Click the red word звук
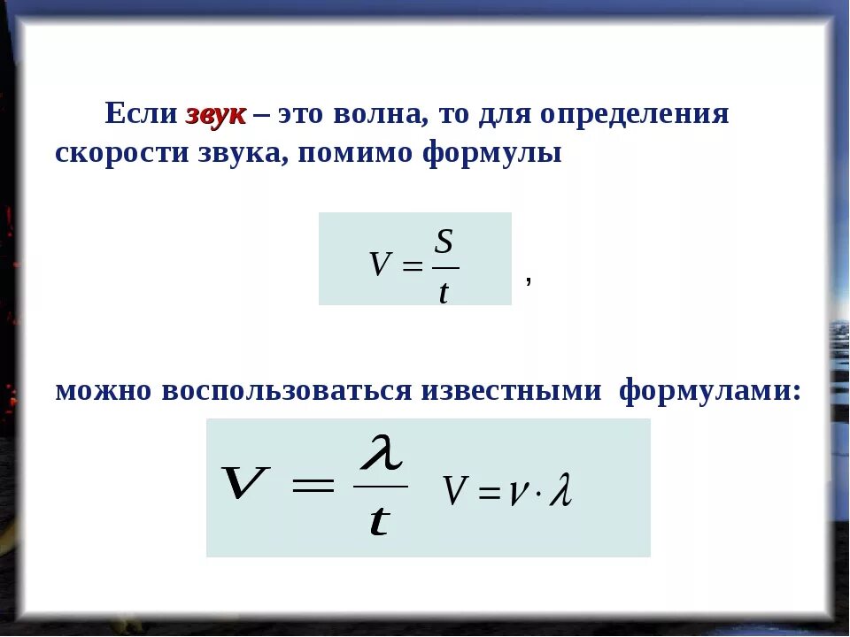[x=216, y=115]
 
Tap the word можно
[x=104, y=390]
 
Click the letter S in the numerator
[x=444, y=242]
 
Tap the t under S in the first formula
[x=444, y=292]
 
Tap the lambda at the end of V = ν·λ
[x=560, y=491]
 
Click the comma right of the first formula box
[x=529, y=280]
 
